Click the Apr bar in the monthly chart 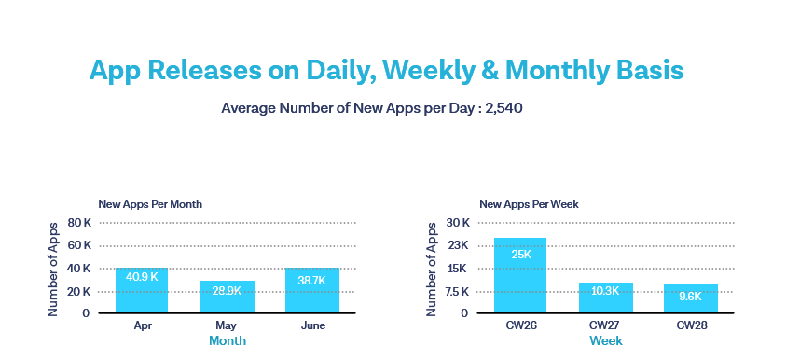142,290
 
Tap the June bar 313,290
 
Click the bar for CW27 606,298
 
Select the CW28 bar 691,298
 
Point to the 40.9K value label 142,277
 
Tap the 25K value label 520,254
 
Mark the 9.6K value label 691,296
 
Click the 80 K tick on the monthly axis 80,223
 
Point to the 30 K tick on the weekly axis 458,223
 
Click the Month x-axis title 228,341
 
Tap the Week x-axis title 606,341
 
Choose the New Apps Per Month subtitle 150,203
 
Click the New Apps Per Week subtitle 528,203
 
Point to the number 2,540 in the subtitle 503,108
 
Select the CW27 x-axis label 606,325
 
